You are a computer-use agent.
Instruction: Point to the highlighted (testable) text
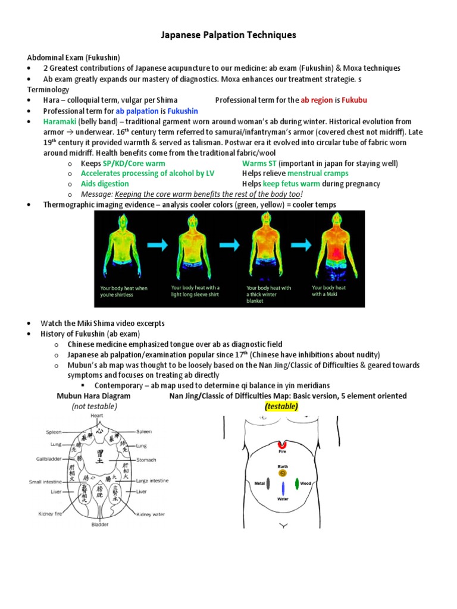pos(281,406)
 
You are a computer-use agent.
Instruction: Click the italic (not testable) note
pos(95,406)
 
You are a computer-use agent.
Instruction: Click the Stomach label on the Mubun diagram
pos(146,460)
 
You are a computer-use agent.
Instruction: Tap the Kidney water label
pos(151,514)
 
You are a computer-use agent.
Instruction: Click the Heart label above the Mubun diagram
pos(96,416)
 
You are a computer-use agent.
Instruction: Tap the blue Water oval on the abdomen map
pos(283,491)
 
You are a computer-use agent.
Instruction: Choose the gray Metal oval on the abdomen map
pos(268,484)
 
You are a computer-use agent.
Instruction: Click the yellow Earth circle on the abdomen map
pos(282,473)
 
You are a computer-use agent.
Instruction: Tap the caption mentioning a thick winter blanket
pos(268,294)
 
